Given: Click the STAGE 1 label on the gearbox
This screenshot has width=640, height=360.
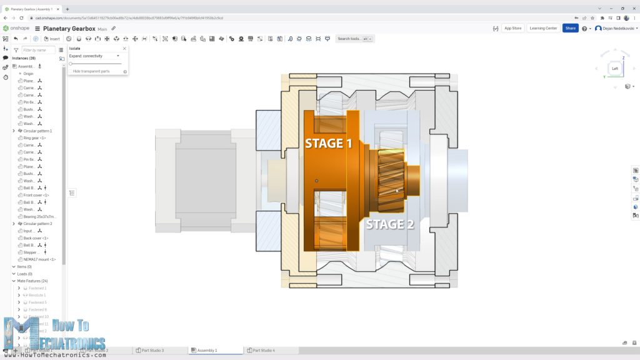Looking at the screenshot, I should pos(328,143).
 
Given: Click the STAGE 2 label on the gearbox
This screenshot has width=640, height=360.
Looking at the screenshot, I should pos(389,224).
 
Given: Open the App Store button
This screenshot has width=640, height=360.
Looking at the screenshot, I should pos(512,28).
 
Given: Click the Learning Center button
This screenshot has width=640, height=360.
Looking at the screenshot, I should pos(542,28).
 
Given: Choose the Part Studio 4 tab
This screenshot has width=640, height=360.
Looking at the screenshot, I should pos(263,351).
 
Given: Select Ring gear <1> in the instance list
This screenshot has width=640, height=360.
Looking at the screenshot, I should pos(35,137).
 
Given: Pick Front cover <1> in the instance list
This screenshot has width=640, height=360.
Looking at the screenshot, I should pos(36,195).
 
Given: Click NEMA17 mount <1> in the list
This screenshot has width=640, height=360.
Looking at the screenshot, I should pos(39,259).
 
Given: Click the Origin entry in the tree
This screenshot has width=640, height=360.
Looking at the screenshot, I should pos(28,73).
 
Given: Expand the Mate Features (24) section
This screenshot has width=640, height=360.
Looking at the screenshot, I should pos(14,281).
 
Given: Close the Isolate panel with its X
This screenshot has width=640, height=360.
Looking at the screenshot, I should pos(124,48).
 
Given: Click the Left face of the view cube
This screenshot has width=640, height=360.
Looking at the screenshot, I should pos(615,69).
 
